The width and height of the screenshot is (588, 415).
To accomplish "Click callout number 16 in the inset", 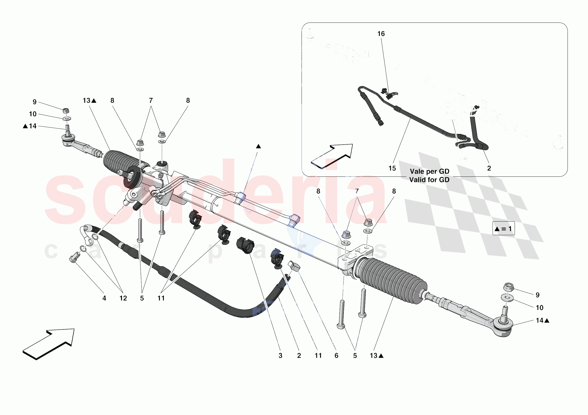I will (381, 34).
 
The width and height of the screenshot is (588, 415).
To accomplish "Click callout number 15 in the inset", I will (392, 168).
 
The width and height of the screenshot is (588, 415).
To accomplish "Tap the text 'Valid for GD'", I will (429, 180).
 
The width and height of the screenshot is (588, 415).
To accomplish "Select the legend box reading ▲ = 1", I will (503, 229).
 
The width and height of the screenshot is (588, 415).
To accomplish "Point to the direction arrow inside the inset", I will (332, 156).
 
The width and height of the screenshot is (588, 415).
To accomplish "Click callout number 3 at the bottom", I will (280, 356).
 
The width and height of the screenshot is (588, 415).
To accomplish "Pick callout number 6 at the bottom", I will (336, 356).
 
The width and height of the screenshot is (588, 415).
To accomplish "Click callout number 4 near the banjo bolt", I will (104, 298).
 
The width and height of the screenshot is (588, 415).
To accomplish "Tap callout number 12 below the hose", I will (123, 298).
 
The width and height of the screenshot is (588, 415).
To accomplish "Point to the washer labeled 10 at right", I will (507, 298).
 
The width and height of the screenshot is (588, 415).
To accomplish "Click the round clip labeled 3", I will (245, 245).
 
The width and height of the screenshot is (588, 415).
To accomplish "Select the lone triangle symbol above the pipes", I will (258, 146).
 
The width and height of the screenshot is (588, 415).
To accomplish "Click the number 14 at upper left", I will (33, 126).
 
